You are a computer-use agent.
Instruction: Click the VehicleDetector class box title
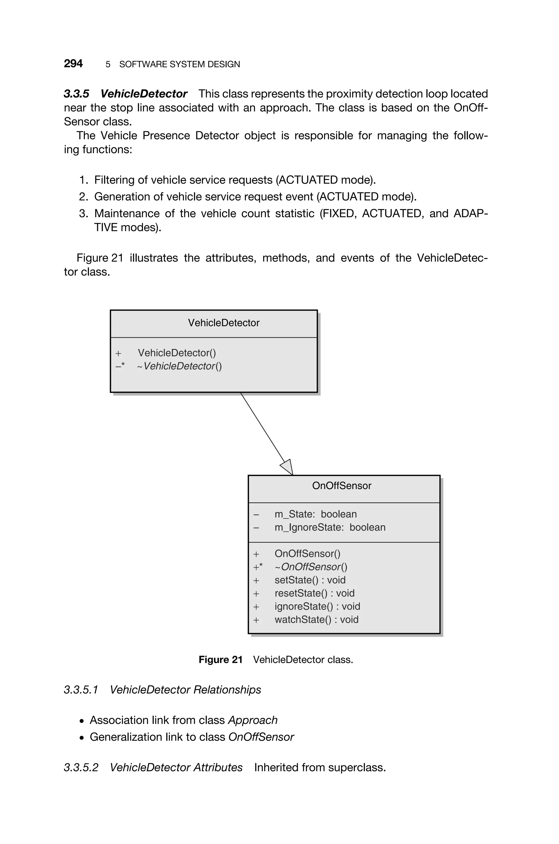click(x=224, y=323)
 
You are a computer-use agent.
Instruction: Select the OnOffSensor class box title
click(x=341, y=486)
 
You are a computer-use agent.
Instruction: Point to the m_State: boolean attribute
click(x=315, y=514)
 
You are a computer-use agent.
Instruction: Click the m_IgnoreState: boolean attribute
click(x=330, y=527)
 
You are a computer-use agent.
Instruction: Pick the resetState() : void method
click(x=314, y=593)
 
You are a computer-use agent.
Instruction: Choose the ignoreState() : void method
click(x=317, y=607)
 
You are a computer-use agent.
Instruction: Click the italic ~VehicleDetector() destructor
click(x=179, y=366)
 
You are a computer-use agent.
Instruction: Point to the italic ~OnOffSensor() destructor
click(x=311, y=567)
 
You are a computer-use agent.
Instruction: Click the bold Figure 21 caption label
click(x=220, y=660)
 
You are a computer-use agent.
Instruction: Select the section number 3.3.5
click(x=76, y=94)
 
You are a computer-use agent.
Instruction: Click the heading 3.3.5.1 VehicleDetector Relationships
click(x=162, y=690)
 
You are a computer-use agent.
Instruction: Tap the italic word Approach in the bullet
click(x=252, y=720)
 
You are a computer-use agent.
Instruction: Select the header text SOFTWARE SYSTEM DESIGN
click(x=179, y=64)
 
